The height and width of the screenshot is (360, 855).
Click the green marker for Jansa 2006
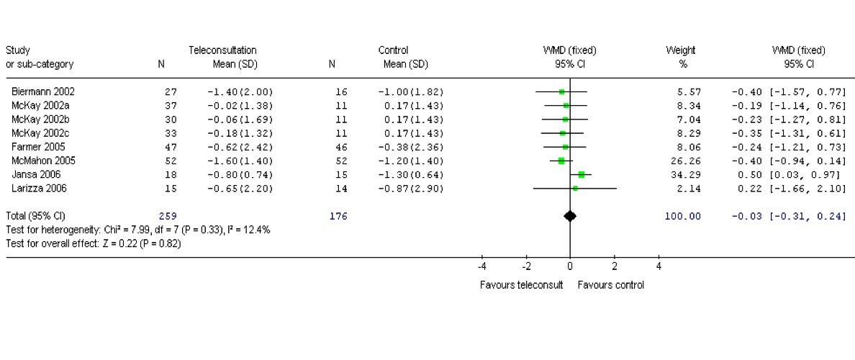[582, 174]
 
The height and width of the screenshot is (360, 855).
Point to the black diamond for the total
[569, 216]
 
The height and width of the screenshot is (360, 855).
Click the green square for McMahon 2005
[561, 161]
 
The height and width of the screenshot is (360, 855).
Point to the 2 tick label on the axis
[614, 266]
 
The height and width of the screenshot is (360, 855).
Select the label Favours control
[610, 284]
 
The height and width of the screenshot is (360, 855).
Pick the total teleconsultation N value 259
[166, 216]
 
